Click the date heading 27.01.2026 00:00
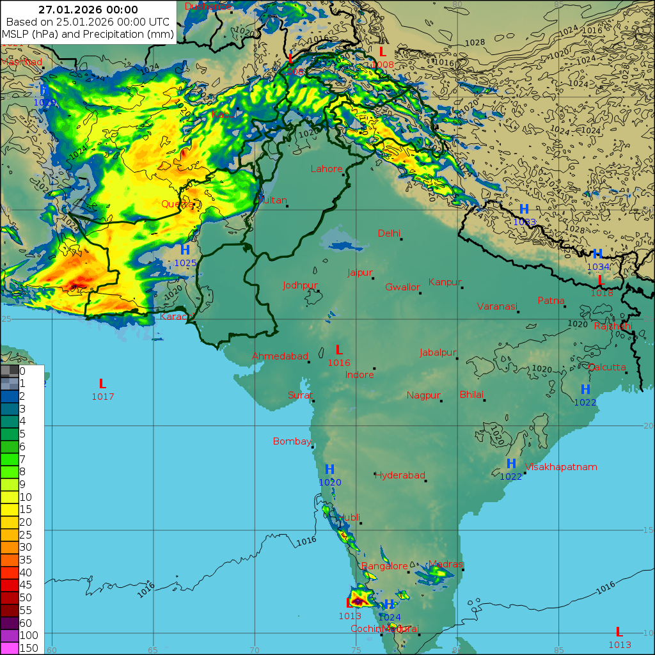click(x=88, y=9)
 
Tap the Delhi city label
click(x=389, y=233)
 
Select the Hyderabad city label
click(x=400, y=475)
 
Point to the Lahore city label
click(x=326, y=169)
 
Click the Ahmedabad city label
click(x=280, y=356)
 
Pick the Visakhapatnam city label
click(x=561, y=467)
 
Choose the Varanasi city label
click(x=496, y=306)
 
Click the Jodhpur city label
click(x=300, y=285)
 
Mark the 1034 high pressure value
click(x=598, y=267)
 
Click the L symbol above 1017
click(x=102, y=384)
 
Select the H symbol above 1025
click(x=185, y=250)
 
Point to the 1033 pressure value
click(x=524, y=222)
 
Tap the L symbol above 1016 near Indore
click(x=339, y=350)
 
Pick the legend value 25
click(x=26, y=534)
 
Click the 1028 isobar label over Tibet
click(x=475, y=42)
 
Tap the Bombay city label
click(x=292, y=441)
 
